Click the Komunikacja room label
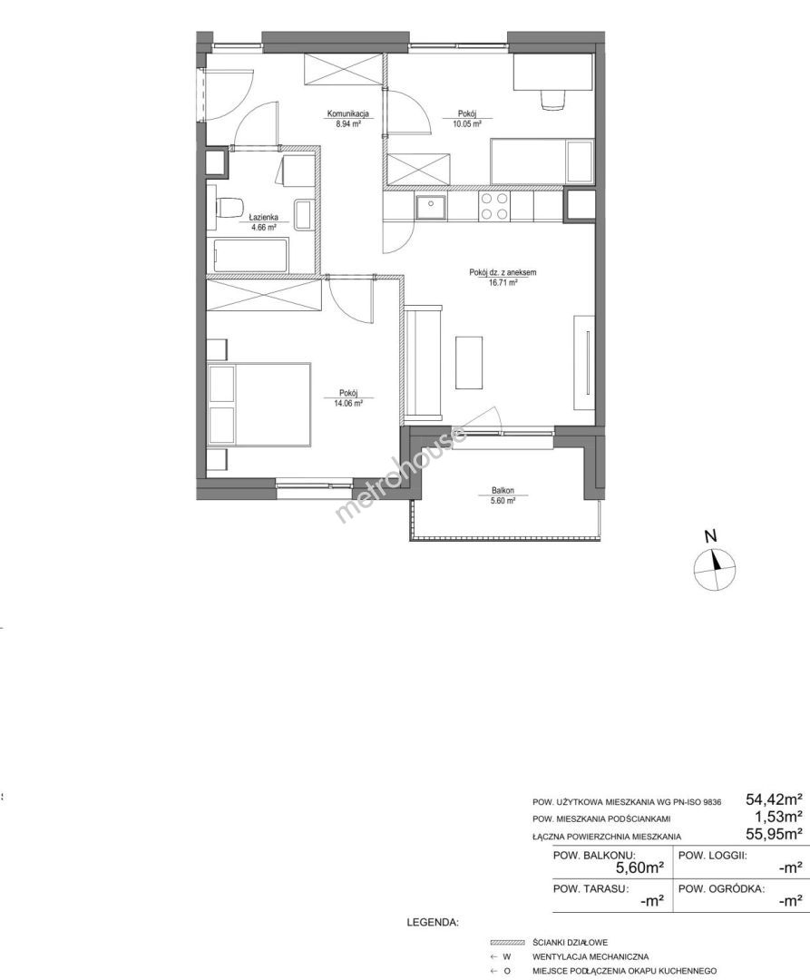click(x=348, y=114)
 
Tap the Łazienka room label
click(x=263, y=218)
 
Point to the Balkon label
click(x=503, y=491)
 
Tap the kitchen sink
click(x=430, y=207)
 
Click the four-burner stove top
click(x=494, y=206)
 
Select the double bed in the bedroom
click(x=259, y=406)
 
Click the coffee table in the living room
click(x=469, y=362)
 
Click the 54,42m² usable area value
click(x=774, y=799)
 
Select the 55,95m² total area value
click(x=774, y=833)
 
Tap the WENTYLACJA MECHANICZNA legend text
click(x=590, y=956)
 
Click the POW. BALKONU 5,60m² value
click(x=639, y=867)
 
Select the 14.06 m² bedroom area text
click(x=348, y=403)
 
